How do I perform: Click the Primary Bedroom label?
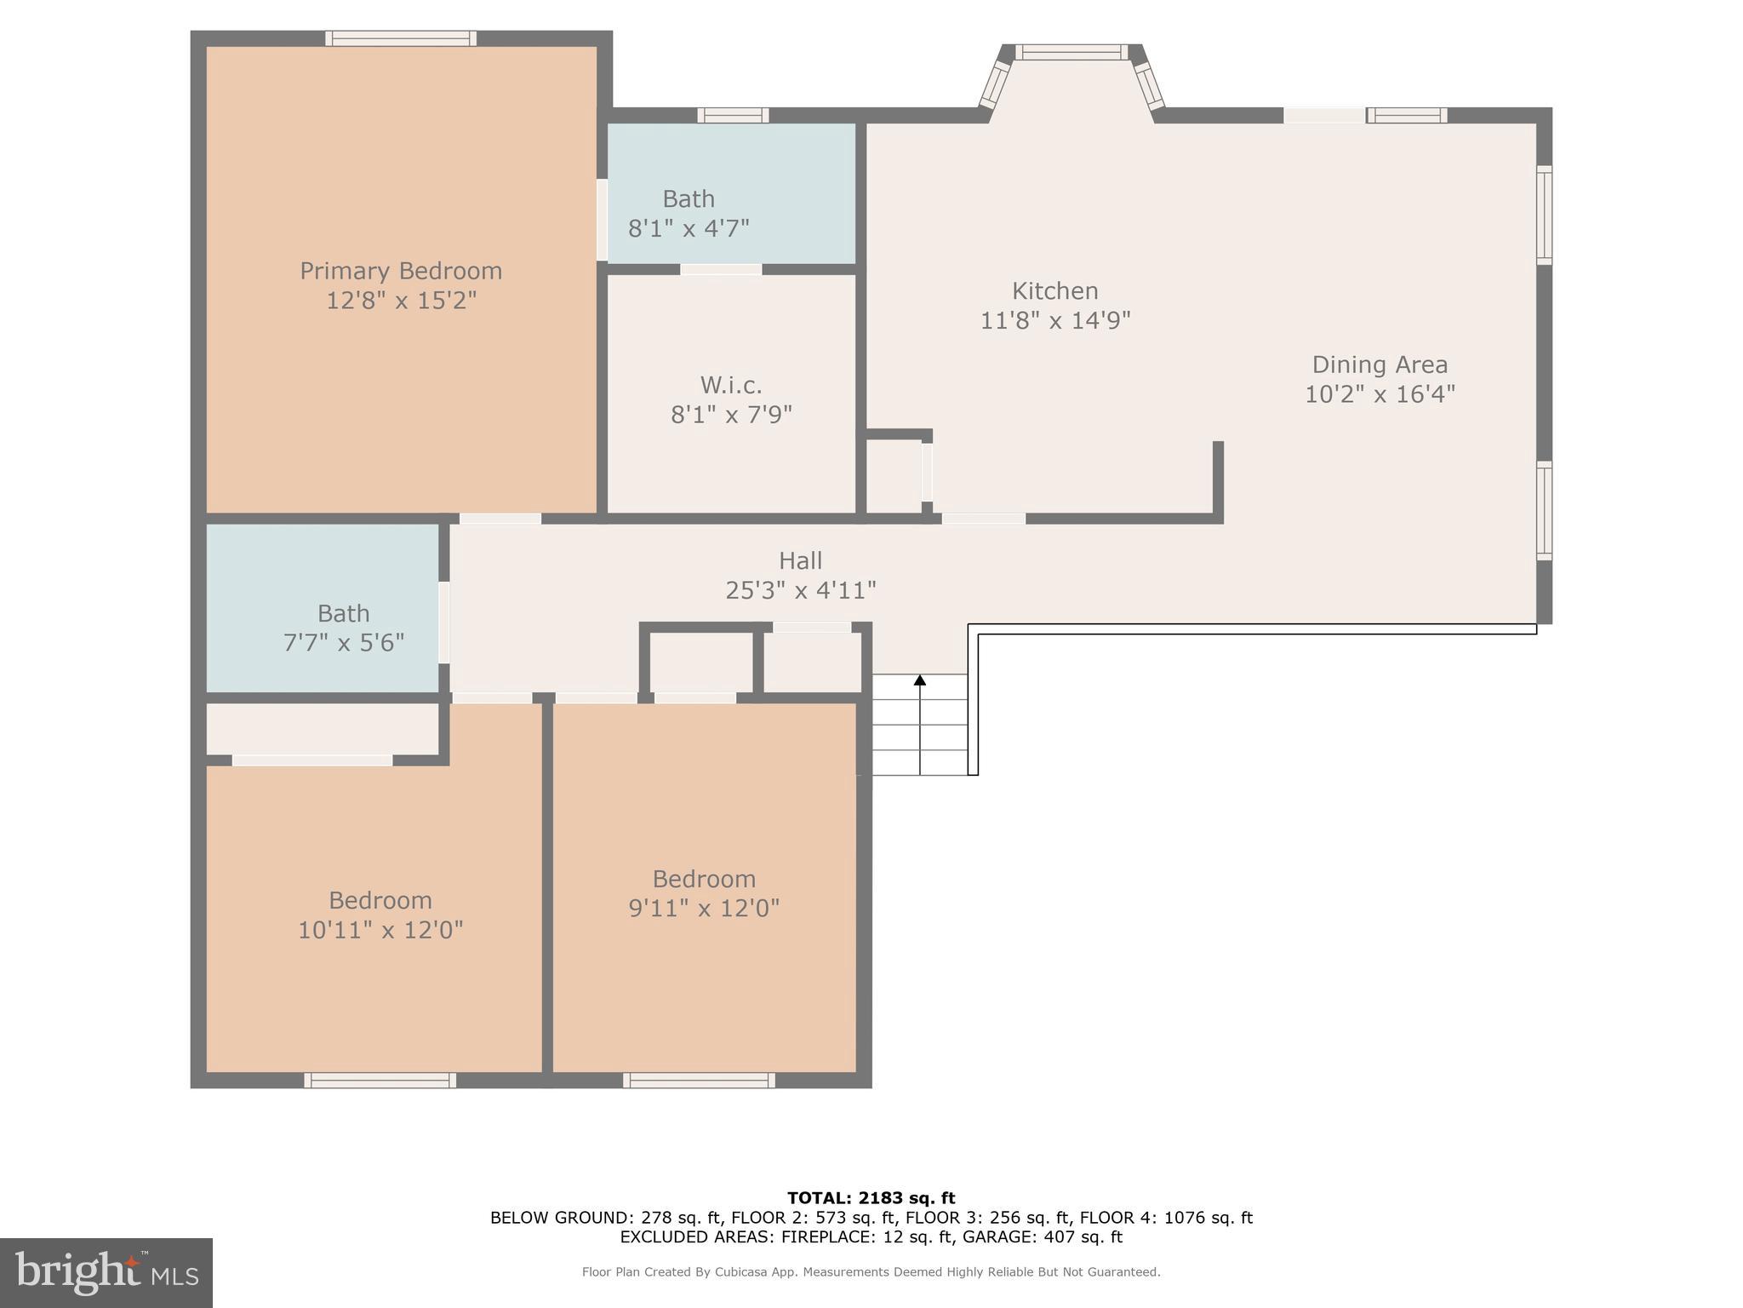point(401,271)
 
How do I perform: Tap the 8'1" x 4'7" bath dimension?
point(689,228)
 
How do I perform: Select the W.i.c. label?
point(731,386)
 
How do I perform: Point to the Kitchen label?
point(1054,291)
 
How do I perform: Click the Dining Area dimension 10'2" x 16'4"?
point(1380,394)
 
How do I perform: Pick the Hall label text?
point(800,560)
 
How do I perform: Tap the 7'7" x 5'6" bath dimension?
point(343,642)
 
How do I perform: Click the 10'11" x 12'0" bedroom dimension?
point(380,930)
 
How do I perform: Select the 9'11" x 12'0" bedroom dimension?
point(704,908)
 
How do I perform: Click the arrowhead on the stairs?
point(920,680)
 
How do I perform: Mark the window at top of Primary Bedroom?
point(400,38)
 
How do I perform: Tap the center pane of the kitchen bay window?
point(1072,53)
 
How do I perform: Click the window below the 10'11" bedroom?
point(380,1081)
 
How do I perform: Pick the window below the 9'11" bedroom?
point(699,1081)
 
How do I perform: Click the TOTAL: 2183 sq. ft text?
point(871,1198)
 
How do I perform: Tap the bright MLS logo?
point(106,1272)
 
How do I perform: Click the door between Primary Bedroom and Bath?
point(602,219)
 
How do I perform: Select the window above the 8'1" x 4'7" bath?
point(733,115)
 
